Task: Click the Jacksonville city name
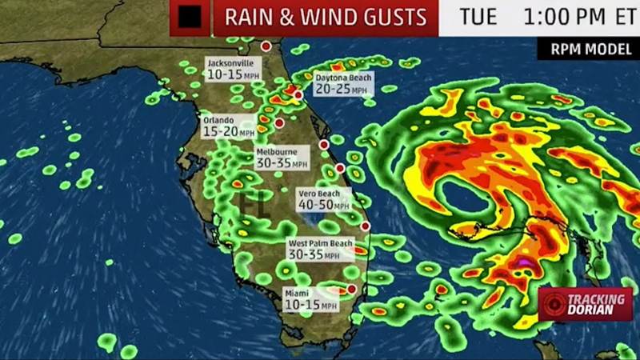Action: coord(230,62)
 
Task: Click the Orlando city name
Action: coord(219,120)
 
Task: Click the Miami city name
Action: coord(297,294)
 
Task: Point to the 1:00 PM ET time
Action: coord(571,16)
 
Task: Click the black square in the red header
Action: coord(190,16)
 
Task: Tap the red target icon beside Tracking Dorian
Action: coord(552,304)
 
